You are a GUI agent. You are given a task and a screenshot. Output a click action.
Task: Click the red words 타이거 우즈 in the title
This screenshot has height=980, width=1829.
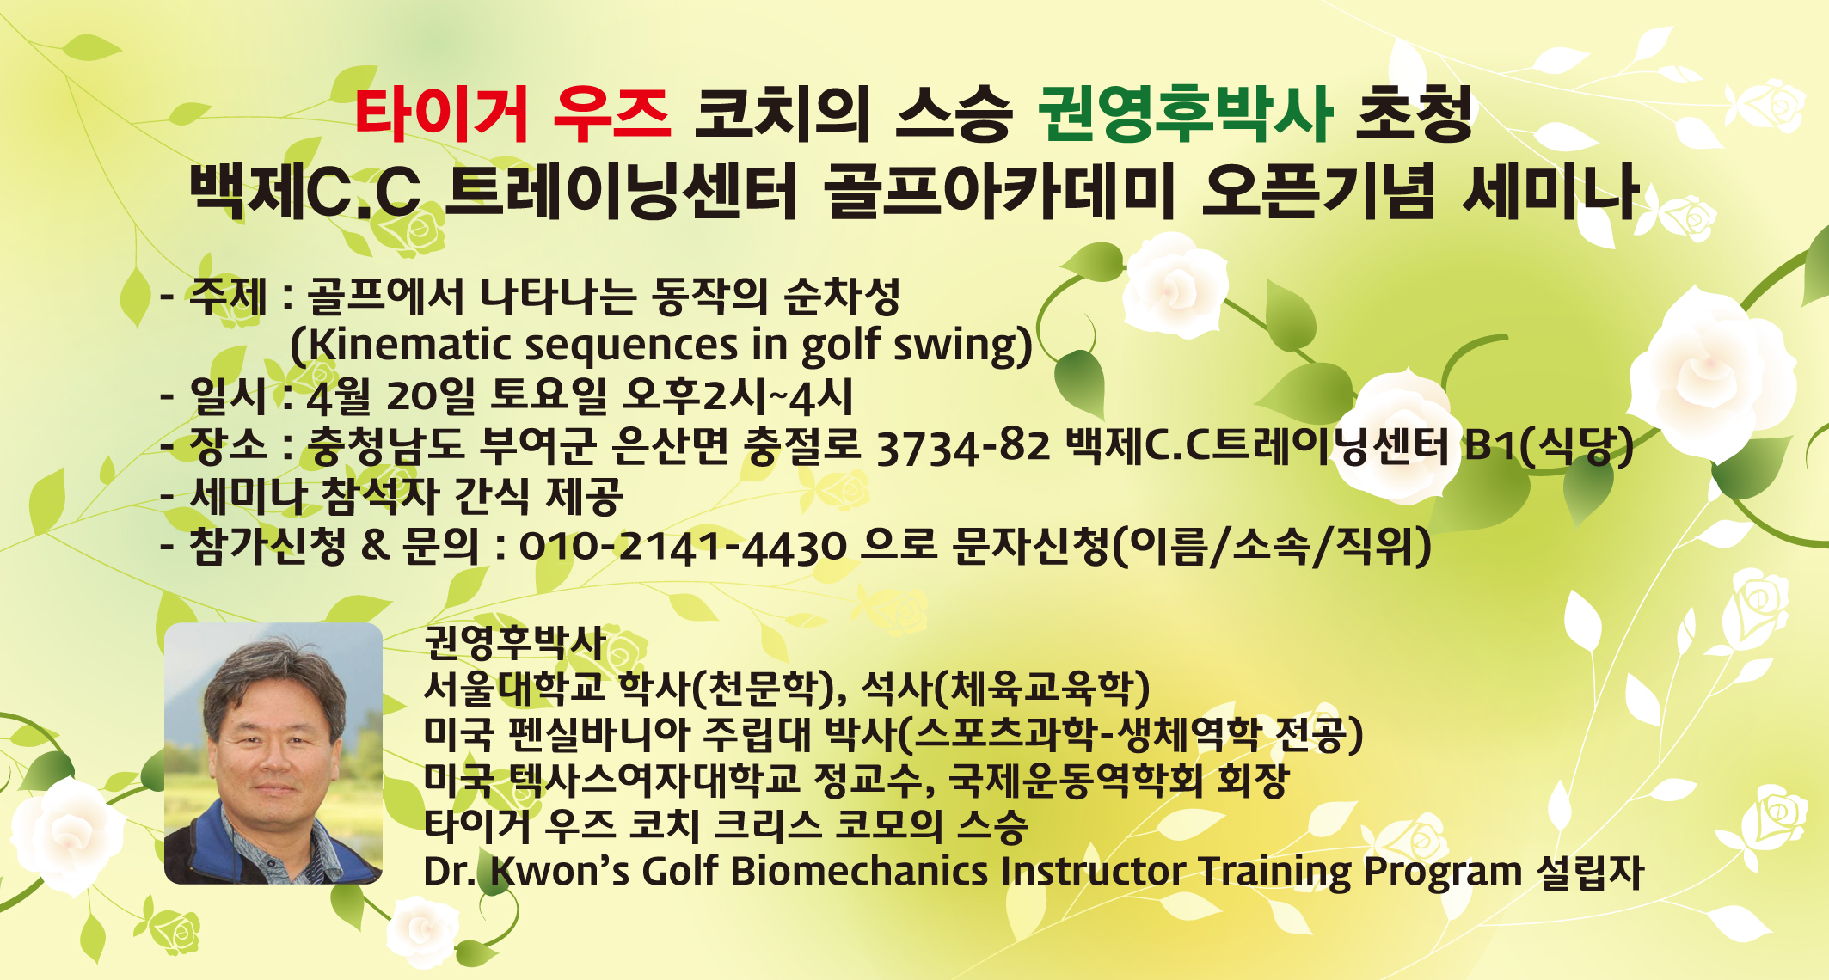[512, 114]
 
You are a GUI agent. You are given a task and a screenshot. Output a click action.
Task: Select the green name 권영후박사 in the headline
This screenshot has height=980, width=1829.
[1186, 114]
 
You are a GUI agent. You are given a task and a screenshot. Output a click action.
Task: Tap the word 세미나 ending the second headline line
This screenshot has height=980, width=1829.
[1550, 191]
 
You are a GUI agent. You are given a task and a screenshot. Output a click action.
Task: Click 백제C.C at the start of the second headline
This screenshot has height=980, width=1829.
[305, 191]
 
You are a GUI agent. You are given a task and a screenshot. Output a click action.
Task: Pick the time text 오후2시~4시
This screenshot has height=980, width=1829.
[738, 396]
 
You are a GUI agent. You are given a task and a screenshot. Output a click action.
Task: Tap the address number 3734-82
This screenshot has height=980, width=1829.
[963, 447]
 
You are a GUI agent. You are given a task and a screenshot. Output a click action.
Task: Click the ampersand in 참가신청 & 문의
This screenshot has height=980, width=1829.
[375, 545]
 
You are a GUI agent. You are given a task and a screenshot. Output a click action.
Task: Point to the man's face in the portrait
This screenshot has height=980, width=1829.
[273, 739]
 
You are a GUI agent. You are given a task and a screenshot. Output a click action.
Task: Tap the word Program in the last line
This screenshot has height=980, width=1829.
[1443, 873]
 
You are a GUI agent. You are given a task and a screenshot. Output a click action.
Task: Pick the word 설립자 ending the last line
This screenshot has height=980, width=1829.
[1591, 871]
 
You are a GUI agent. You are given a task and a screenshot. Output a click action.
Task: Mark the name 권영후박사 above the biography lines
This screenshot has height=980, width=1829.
[515, 641]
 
